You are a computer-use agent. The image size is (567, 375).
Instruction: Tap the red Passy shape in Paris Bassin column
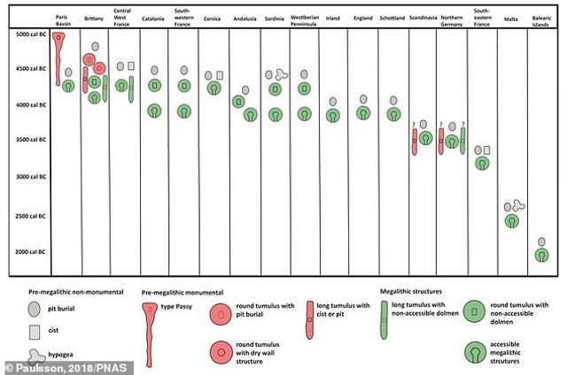(x=59, y=53)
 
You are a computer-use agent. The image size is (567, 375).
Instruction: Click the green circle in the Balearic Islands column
(x=541, y=255)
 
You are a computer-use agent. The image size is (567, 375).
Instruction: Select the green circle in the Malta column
(x=511, y=220)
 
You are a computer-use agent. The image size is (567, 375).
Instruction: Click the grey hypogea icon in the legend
(x=35, y=356)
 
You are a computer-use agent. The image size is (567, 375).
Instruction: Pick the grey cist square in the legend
(x=34, y=332)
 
